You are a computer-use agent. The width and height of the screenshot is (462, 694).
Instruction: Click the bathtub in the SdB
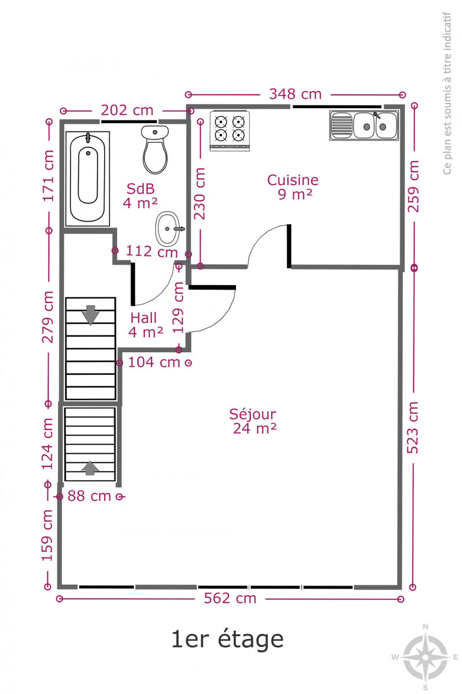pyautogui.click(x=88, y=178)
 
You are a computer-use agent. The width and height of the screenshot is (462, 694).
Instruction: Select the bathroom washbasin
pyautogui.click(x=168, y=228)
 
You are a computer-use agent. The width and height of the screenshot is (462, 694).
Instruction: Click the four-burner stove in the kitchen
pyautogui.click(x=230, y=131)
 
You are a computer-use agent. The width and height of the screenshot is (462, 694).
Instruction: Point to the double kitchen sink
pyautogui.click(x=364, y=125)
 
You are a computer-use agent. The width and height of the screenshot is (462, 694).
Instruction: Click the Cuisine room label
pyautogui.click(x=293, y=187)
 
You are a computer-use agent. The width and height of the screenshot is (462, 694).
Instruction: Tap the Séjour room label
pyautogui.click(x=253, y=421)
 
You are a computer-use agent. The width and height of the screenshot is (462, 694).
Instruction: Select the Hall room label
pyautogui.click(x=145, y=324)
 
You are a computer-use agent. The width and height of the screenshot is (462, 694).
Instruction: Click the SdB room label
pyautogui.click(x=141, y=195)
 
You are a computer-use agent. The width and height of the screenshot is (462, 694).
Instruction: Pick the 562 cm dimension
pyautogui.click(x=230, y=599)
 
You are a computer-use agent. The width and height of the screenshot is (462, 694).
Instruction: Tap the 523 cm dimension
pyautogui.click(x=413, y=427)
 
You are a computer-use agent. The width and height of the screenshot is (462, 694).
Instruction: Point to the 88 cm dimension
pyautogui.click(x=89, y=496)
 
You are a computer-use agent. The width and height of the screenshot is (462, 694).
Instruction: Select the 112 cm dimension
pyautogui.click(x=152, y=252)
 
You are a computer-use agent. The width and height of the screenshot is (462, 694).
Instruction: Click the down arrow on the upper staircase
pyautogui.click(x=91, y=315)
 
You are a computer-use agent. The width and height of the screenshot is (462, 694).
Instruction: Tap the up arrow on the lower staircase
pyautogui.click(x=89, y=467)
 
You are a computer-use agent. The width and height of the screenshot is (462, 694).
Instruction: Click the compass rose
pyautogui.click(x=426, y=657)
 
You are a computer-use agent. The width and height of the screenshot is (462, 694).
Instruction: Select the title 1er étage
pyautogui.click(x=227, y=639)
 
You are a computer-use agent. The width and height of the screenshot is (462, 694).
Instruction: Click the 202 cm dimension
pyautogui.click(x=127, y=110)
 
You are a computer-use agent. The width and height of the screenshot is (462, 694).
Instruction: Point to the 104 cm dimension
pyautogui.click(x=154, y=363)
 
